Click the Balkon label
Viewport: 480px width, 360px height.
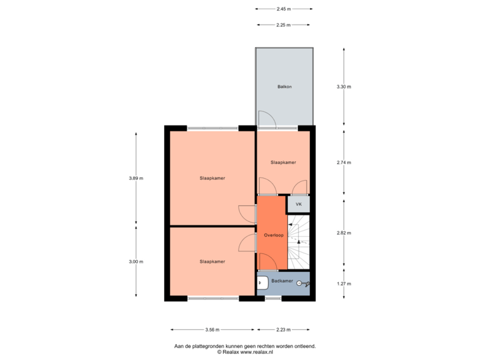[x=284, y=87]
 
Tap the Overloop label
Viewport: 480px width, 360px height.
[x=273, y=235]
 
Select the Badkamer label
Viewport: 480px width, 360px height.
[x=282, y=281]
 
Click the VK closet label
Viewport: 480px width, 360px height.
[x=299, y=204]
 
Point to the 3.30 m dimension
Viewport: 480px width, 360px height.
[x=343, y=87]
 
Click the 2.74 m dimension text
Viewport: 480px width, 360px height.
[x=343, y=162]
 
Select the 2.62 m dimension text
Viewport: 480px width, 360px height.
[x=343, y=233]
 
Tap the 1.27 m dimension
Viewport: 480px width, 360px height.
[x=343, y=283]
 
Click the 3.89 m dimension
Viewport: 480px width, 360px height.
[x=136, y=178]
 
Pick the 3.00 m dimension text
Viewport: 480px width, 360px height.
[x=136, y=262]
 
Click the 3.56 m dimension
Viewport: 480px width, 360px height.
[x=212, y=329]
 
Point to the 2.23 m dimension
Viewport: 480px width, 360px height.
[x=283, y=329]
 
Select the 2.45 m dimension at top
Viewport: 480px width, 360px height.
[x=284, y=9]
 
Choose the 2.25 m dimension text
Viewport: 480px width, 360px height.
[x=284, y=25]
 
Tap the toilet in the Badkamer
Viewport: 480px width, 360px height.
[x=262, y=283]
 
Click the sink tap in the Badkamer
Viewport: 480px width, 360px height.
[x=303, y=283]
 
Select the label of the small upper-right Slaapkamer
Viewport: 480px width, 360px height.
[x=283, y=162]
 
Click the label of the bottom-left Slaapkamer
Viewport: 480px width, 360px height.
[x=212, y=261]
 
